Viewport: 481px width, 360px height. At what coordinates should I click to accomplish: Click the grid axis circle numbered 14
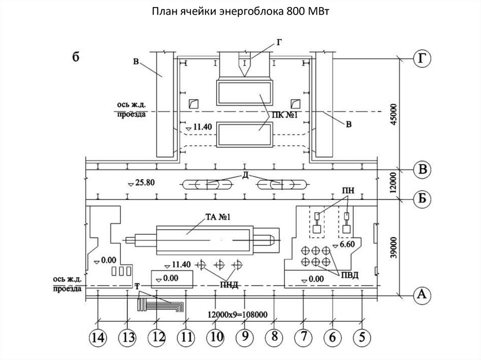point(98,337)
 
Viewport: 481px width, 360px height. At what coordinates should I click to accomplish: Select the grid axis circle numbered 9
point(245,337)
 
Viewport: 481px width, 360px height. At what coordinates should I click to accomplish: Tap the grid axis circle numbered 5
point(362,337)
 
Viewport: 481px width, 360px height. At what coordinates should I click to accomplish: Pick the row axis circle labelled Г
point(422,59)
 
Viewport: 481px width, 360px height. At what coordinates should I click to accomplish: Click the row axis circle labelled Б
point(422,199)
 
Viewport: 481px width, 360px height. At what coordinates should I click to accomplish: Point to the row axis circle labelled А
point(422,294)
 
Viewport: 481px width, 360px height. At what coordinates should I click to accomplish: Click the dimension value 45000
point(394,114)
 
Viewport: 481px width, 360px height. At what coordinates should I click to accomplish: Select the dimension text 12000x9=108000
point(237,314)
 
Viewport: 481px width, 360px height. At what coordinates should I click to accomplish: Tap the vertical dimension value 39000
point(394,247)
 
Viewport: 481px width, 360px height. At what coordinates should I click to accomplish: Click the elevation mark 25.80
point(141,183)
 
